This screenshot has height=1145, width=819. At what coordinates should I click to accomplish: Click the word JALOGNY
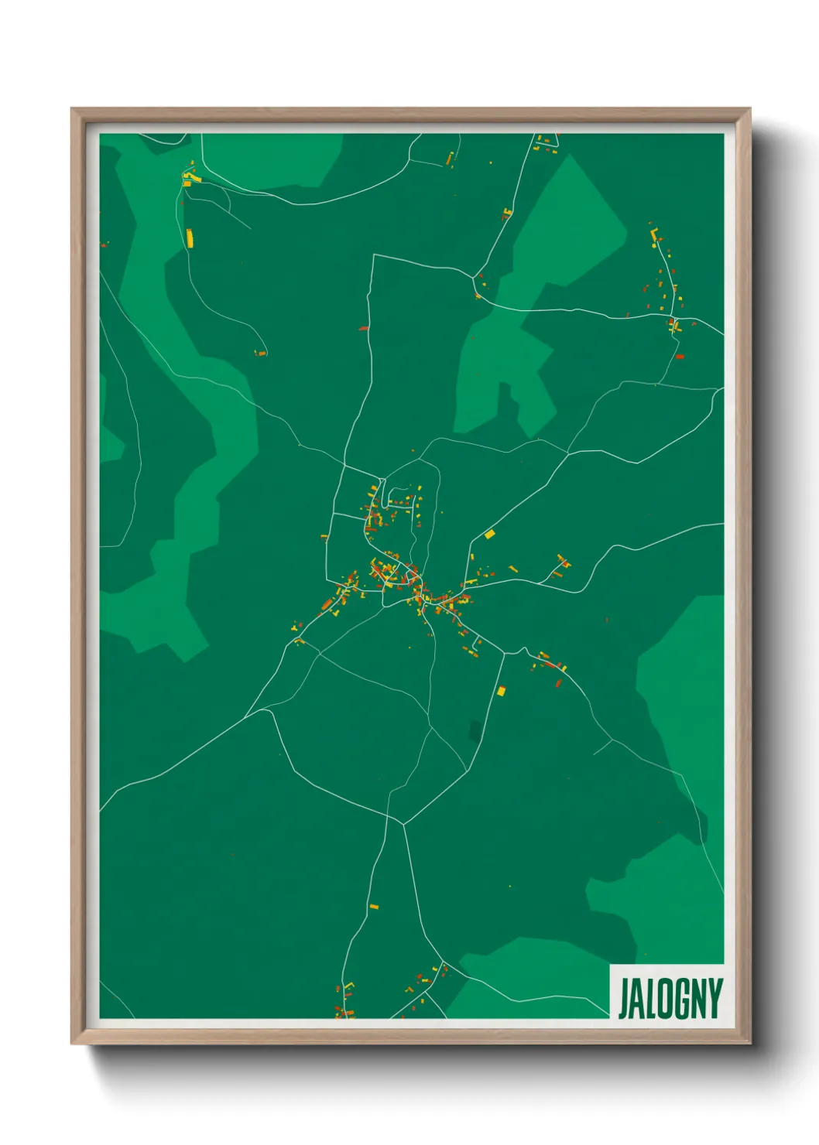coord(670,999)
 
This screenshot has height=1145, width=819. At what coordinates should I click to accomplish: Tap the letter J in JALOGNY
coord(624,999)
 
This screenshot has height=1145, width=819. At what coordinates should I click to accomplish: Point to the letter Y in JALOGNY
coord(716,999)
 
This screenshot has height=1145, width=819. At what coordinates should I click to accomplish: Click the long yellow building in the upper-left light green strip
coord(189,238)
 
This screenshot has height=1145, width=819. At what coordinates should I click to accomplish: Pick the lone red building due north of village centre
coord(363,328)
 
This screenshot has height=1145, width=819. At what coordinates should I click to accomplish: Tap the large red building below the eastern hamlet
coord(679,357)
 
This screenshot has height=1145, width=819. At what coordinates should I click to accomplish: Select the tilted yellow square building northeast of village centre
coord(489,534)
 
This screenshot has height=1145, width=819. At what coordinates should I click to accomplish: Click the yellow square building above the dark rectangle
coord(501,690)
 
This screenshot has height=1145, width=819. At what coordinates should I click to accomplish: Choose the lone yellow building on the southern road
coord(374,906)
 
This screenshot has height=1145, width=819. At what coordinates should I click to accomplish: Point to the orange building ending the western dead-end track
coord(261,354)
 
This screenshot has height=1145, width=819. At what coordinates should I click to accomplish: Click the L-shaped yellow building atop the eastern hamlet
coord(653,231)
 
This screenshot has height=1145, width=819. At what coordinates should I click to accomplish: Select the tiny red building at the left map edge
coord(103,245)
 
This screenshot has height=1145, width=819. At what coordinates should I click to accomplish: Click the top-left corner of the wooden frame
coord(72,109)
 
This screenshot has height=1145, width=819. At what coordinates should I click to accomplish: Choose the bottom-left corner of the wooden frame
coord(72,1044)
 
